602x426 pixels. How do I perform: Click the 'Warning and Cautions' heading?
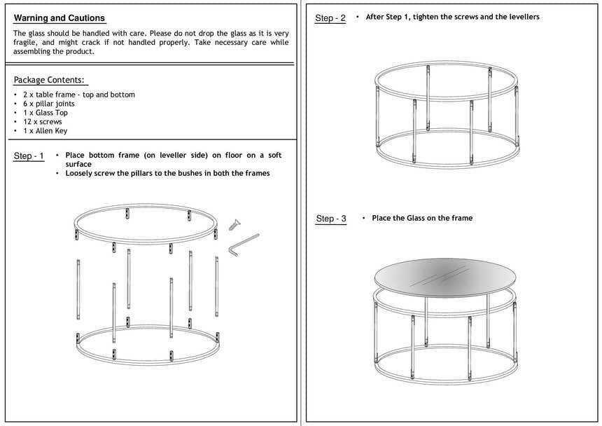click(59, 18)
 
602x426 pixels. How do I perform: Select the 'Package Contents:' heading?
click(49, 80)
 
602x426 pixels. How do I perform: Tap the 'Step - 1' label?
click(29, 156)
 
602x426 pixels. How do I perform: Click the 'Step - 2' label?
click(330, 18)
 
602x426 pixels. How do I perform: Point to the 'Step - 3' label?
click(331, 219)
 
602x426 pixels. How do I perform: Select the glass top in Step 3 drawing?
click(445, 274)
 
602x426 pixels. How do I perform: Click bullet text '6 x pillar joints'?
click(51, 104)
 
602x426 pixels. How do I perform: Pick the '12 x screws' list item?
click(42, 122)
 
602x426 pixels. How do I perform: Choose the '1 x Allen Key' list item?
click(45, 131)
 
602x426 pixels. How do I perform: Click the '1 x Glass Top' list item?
click(45, 113)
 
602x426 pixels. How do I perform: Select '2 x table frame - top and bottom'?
click(78, 95)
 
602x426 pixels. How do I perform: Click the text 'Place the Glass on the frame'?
click(422, 218)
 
